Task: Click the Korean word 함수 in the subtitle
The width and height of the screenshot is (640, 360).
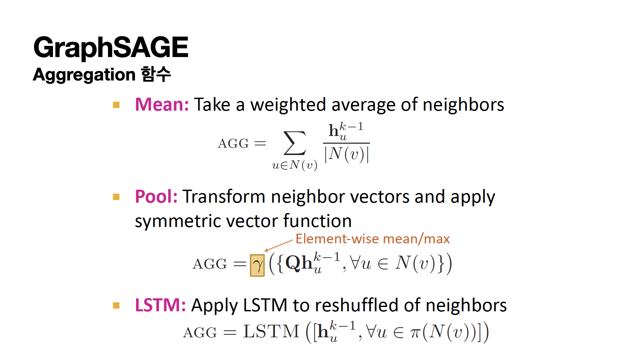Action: tap(156, 74)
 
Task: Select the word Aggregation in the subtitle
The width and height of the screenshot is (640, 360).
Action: tap(84, 75)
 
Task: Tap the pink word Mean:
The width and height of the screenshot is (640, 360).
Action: tap(162, 105)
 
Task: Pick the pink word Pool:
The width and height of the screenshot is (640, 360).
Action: tap(156, 196)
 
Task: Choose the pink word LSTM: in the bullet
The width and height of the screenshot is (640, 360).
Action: tap(160, 305)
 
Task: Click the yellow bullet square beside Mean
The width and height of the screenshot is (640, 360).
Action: tap(116, 105)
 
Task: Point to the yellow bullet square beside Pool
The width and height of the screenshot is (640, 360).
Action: tap(116, 197)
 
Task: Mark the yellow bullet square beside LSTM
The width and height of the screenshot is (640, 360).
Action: tap(116, 306)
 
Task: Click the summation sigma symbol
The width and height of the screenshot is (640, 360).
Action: tap(295, 143)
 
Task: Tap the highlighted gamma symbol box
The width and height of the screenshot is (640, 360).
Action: tap(257, 265)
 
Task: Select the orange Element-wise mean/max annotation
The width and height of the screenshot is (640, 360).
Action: tap(373, 239)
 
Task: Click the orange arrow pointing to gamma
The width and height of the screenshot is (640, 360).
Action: tap(278, 245)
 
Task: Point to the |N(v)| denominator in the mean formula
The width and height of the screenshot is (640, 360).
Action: tap(347, 155)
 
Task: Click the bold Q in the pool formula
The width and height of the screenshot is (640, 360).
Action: tap(293, 263)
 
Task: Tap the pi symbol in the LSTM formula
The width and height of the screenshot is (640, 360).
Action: tap(415, 333)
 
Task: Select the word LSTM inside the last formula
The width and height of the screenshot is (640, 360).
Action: tap(271, 332)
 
